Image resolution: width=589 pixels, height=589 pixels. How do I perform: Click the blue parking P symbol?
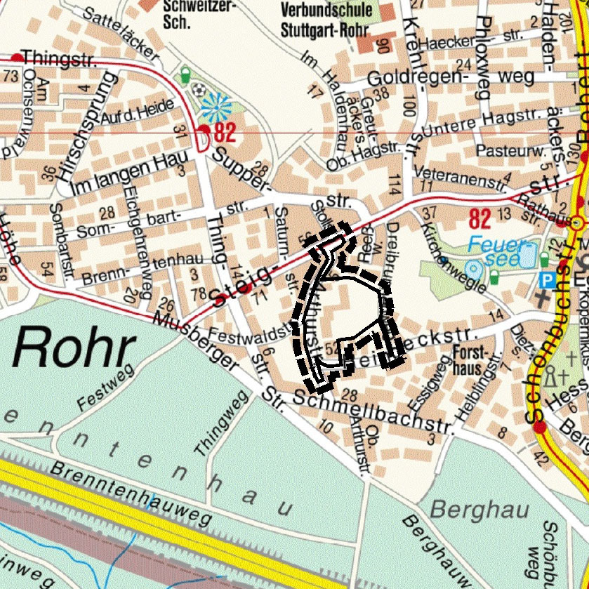[545, 279]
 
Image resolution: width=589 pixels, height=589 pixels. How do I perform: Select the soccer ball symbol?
[201, 91]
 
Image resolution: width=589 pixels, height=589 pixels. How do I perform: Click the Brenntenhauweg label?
[131, 496]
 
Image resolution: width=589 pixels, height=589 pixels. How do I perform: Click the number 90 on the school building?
[383, 47]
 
